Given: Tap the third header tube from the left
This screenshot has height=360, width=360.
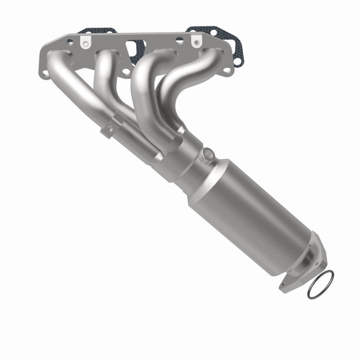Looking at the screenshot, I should tap(142, 95).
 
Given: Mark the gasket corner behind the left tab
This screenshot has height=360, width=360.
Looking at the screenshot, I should tap(97, 31).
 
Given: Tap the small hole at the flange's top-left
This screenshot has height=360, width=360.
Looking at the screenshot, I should tap(69, 43).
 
